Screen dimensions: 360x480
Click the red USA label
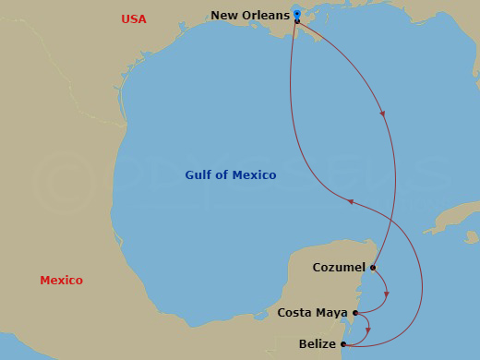(134, 19)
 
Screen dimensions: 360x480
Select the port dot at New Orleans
(297, 20)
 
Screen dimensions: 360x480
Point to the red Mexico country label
(61, 280)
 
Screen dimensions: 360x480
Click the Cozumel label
(340, 268)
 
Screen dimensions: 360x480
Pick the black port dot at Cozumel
(373, 268)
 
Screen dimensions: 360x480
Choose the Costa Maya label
(312, 313)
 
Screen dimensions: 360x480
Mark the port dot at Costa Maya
(355, 313)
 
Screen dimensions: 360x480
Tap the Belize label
(318, 344)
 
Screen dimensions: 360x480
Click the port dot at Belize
(343, 344)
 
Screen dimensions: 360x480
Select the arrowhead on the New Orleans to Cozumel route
(383, 114)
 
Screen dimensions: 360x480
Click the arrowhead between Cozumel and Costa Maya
(386, 295)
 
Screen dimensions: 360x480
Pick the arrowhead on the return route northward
(349, 200)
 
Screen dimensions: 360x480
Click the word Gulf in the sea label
(199, 174)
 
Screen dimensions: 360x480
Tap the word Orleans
(267, 15)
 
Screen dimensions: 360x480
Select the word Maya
(331, 313)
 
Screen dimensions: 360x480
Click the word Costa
(294, 313)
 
